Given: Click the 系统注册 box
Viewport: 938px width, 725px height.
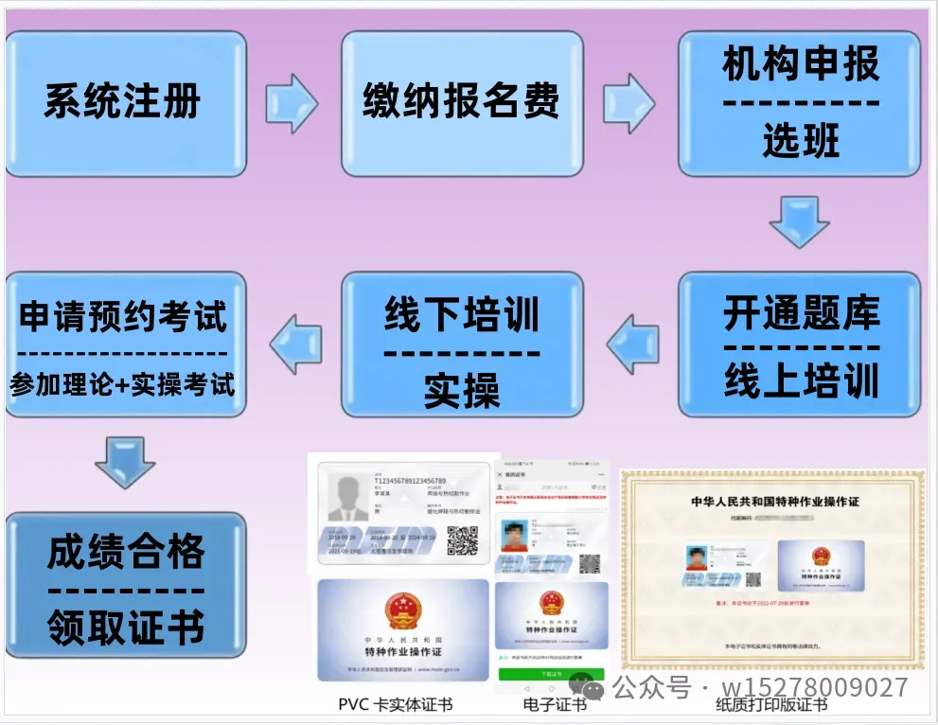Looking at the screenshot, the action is click(125, 103).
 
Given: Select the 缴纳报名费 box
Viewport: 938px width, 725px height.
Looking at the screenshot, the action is click(461, 103).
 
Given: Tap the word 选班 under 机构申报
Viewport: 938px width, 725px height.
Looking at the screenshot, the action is click(800, 142).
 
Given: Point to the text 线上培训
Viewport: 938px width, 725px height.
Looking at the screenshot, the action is click(801, 380).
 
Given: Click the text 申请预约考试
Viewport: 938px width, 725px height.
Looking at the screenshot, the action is click(124, 317).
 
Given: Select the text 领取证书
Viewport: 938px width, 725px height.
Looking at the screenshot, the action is click(126, 626).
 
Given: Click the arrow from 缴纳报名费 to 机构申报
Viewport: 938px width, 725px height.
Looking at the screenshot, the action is click(628, 102).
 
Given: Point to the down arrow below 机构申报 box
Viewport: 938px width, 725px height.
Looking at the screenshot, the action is click(799, 222).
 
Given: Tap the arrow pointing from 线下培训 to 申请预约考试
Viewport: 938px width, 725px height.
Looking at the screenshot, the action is click(295, 343).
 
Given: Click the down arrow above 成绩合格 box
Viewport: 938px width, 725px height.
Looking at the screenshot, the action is click(124, 462).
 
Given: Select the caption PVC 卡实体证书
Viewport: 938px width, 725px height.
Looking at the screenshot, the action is click(395, 704).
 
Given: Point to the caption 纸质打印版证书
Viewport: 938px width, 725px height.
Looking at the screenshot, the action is click(771, 705).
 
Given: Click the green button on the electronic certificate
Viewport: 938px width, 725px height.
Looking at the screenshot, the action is click(550, 674).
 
